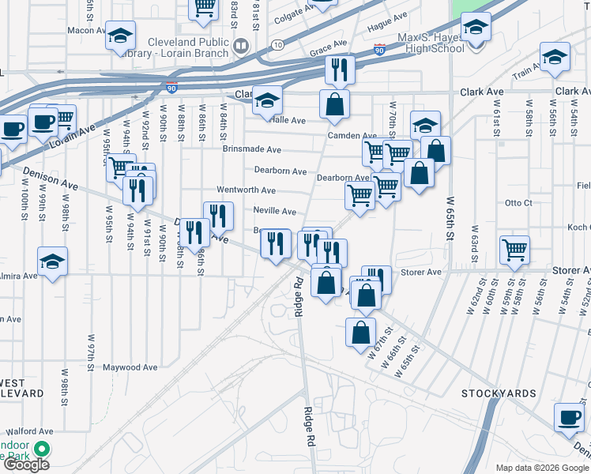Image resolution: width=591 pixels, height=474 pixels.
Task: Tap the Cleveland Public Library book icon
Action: tap(240, 47)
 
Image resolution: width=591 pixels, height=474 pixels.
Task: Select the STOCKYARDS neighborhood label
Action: tap(499, 393)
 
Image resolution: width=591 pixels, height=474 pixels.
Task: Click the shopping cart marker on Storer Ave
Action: tap(514, 250)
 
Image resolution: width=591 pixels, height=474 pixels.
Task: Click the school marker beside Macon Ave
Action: tap(120, 36)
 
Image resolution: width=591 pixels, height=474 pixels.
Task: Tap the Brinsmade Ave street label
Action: tap(251, 149)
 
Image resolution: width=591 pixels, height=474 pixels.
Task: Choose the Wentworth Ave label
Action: tap(247, 190)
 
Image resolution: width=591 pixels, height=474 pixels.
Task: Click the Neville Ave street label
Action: tap(274, 211)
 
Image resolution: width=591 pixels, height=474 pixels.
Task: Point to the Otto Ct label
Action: tap(518, 203)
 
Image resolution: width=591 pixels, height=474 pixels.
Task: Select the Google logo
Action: tap(25, 465)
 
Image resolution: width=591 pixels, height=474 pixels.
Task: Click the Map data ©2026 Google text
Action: tap(542, 468)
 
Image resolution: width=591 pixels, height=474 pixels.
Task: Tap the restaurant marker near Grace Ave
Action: tap(340, 70)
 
